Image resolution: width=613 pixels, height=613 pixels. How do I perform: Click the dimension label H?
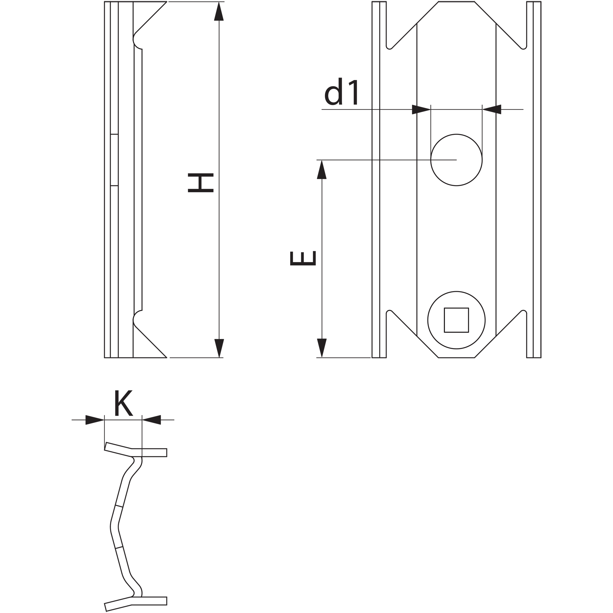(x=200, y=183)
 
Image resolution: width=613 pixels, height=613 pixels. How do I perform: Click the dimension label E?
(x=303, y=258)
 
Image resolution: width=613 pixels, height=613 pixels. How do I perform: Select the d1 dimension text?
(x=341, y=91)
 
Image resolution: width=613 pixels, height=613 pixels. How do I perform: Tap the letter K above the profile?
(x=123, y=403)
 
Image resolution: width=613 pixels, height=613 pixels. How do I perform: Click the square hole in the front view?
(x=456, y=320)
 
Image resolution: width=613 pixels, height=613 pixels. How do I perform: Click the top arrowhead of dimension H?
(x=219, y=11)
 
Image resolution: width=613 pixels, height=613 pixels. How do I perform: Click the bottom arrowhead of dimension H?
(x=219, y=348)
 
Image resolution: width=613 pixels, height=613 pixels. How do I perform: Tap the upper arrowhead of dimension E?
(x=322, y=170)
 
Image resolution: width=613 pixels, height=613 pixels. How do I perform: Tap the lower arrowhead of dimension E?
(x=322, y=348)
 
